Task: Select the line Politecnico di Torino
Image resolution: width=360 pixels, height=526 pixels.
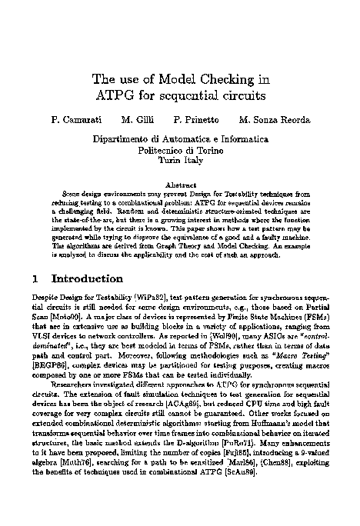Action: (x=179, y=151)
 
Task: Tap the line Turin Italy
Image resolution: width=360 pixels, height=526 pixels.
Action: (x=179, y=162)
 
